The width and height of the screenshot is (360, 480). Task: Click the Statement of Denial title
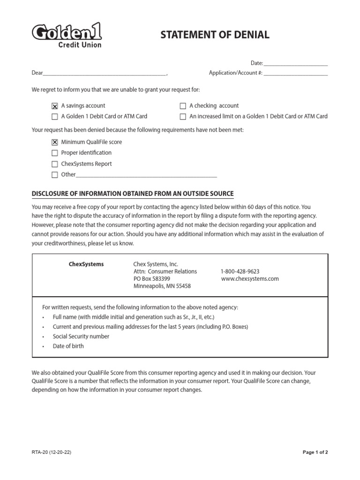(215, 35)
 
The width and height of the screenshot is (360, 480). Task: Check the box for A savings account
(55, 106)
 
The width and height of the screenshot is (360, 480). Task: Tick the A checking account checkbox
(183, 106)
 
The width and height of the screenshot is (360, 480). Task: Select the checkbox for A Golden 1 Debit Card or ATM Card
(55, 117)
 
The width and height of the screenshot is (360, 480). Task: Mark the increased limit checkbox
(183, 117)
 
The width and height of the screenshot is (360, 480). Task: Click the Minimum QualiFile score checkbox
(55, 142)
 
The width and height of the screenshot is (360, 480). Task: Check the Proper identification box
(55, 153)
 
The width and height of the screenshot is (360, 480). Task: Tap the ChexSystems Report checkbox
(55, 164)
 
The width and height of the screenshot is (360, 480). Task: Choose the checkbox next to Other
(55, 175)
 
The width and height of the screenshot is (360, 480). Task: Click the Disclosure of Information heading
(132, 194)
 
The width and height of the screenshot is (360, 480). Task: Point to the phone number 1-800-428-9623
(240, 271)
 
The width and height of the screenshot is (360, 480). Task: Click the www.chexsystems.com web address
(250, 278)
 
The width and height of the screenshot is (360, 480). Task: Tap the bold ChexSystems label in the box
(86, 264)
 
